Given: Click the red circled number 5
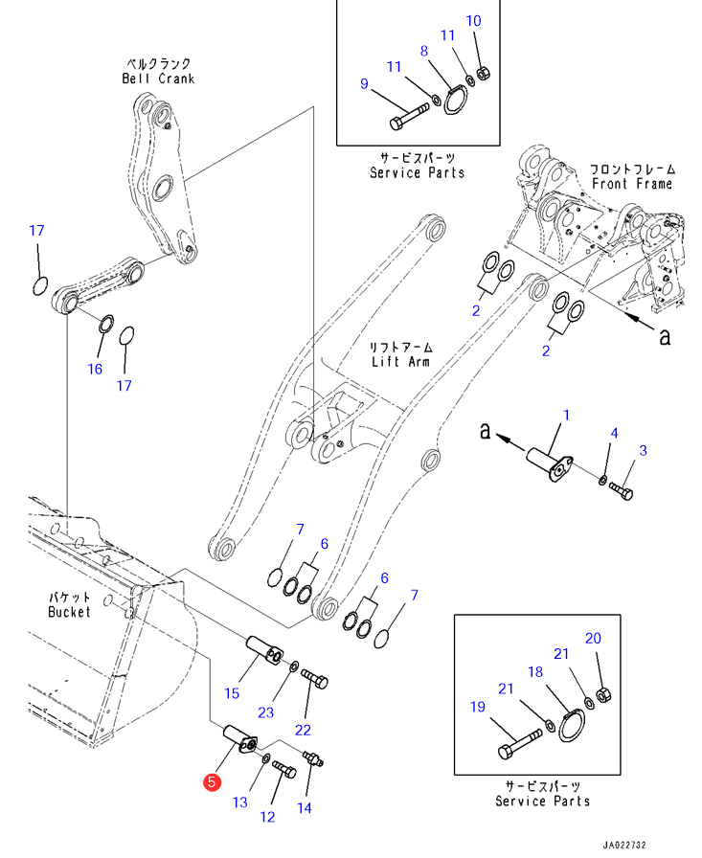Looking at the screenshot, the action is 212,782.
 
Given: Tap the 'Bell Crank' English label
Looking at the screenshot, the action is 158,79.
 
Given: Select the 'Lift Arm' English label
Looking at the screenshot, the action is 400,362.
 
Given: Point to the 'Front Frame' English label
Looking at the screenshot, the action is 632,184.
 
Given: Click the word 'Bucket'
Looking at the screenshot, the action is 69,612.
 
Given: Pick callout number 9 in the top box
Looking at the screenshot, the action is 364,83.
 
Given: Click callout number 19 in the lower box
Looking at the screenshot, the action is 478,707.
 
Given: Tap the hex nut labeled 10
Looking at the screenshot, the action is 484,73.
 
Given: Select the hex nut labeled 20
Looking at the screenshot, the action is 602,695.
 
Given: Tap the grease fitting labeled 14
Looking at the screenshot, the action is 313,758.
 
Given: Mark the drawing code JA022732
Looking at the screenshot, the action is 624,846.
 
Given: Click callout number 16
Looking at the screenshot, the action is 95,369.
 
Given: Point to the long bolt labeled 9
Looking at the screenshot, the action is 409,117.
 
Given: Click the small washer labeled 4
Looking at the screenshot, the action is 601,480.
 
